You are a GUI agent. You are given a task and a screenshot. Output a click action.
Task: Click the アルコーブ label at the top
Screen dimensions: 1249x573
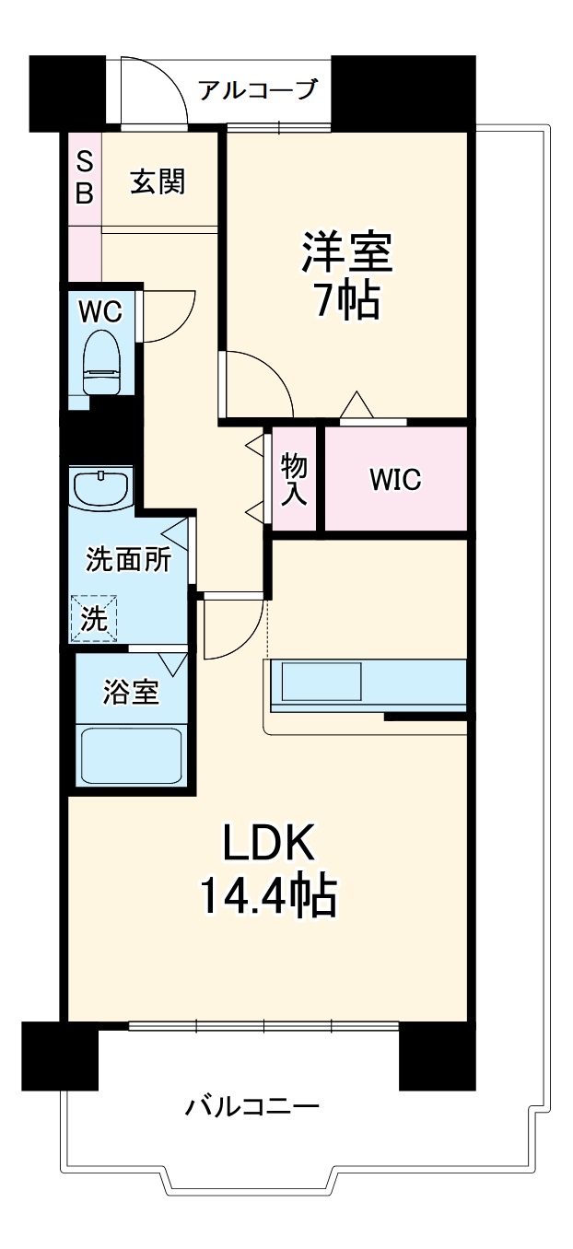(x=258, y=90)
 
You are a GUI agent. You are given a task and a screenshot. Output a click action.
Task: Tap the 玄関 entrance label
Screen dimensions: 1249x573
(x=158, y=181)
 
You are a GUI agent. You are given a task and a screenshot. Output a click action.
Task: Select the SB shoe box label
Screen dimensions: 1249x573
(x=84, y=178)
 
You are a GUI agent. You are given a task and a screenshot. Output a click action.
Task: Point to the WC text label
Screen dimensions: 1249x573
(x=99, y=311)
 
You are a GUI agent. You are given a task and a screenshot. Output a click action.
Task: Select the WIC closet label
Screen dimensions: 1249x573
(x=395, y=479)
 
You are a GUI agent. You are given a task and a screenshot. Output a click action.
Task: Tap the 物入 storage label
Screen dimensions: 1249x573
(x=294, y=479)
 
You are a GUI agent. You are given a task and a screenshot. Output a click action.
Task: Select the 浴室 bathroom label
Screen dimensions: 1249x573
(x=130, y=693)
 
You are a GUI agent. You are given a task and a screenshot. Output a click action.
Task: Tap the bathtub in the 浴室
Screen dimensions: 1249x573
(x=132, y=754)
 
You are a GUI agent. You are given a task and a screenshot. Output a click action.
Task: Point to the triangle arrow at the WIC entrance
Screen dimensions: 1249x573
(x=356, y=404)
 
